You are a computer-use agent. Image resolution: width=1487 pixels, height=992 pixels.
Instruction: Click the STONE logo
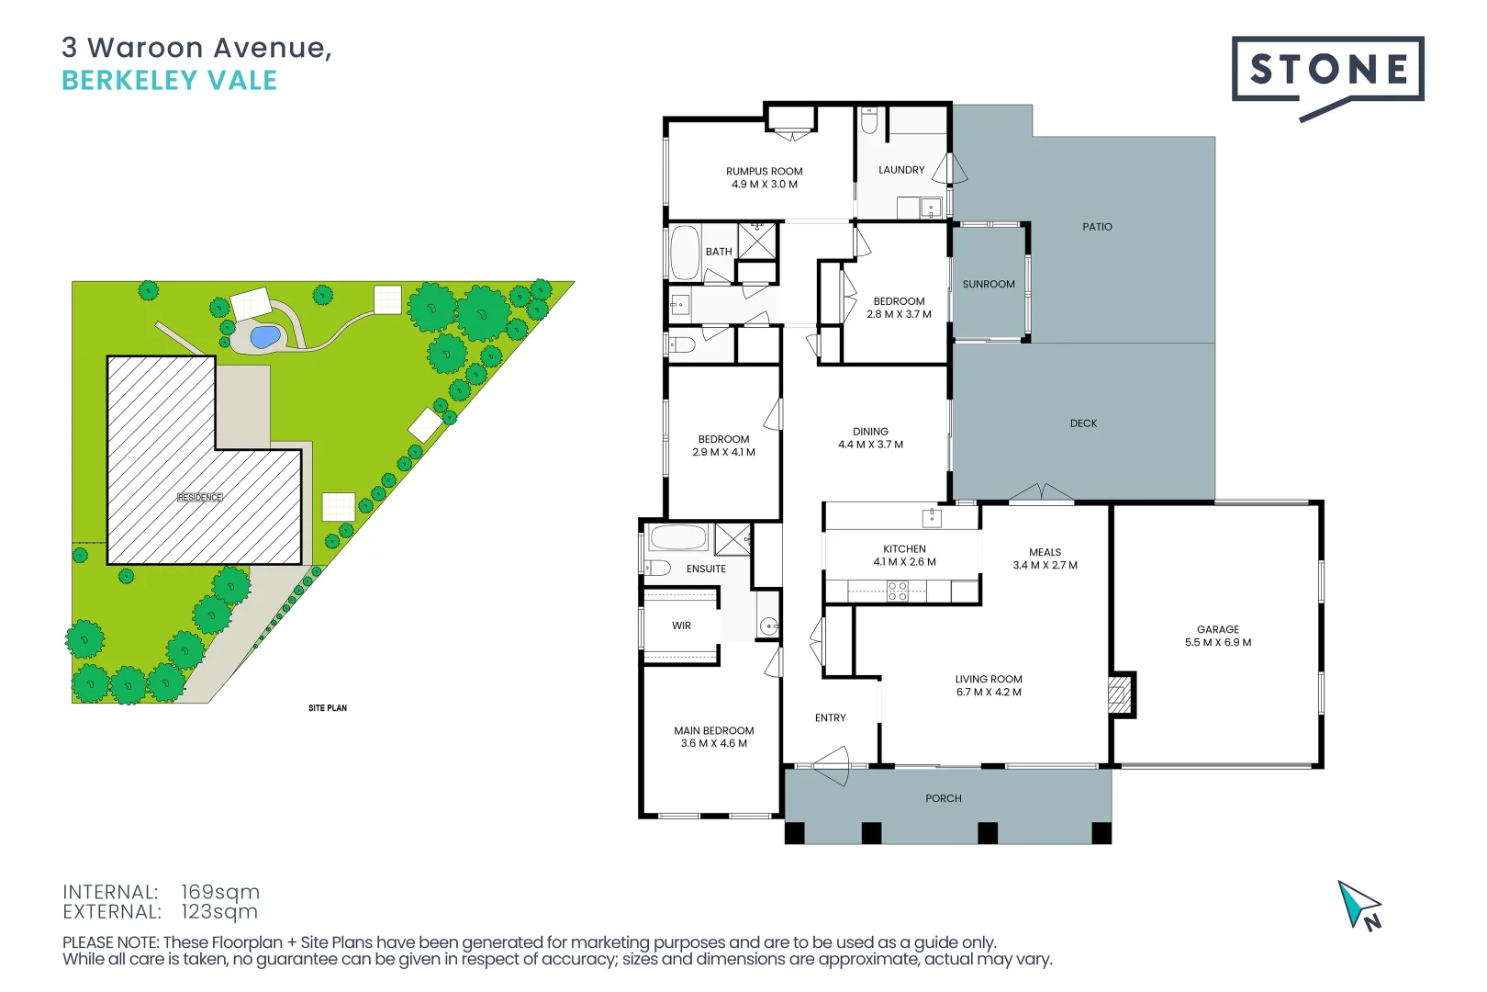tap(1326, 70)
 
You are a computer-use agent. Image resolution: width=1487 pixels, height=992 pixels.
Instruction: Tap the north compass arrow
tap(1358, 906)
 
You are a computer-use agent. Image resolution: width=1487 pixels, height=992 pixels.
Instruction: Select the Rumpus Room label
tap(764, 172)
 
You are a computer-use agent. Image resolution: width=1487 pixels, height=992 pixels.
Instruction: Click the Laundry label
tap(900, 170)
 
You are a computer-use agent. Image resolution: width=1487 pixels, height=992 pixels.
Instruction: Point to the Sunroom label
tap(988, 285)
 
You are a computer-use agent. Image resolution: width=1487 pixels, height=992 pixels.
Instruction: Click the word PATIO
tap(1096, 227)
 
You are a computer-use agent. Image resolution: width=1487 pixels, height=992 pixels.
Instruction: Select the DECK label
tap(1083, 423)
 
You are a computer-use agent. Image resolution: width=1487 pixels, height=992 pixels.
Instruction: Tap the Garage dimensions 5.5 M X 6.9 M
tap(1217, 643)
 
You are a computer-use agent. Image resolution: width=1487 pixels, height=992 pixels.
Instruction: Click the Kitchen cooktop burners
tap(897, 592)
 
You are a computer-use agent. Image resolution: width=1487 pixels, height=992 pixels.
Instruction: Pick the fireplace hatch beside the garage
tap(1119, 695)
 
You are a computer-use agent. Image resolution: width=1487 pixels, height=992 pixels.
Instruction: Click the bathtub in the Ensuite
tap(677, 537)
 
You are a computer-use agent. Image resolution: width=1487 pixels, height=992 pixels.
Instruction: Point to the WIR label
tap(681, 626)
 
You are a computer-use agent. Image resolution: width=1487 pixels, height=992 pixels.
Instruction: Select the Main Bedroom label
tap(713, 731)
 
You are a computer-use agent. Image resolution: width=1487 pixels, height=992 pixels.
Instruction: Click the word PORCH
tap(943, 799)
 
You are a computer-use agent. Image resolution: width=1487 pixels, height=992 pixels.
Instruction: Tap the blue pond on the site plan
tap(264, 337)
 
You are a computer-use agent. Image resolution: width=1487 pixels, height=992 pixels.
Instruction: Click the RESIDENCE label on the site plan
tap(199, 498)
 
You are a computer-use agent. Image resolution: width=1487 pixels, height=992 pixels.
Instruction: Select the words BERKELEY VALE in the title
tap(169, 81)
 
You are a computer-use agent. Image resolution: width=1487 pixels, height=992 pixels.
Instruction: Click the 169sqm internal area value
tap(219, 892)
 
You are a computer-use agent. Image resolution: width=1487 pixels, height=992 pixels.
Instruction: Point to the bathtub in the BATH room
tap(684, 253)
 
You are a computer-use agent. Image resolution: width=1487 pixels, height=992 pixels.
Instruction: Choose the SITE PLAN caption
tap(327, 708)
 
